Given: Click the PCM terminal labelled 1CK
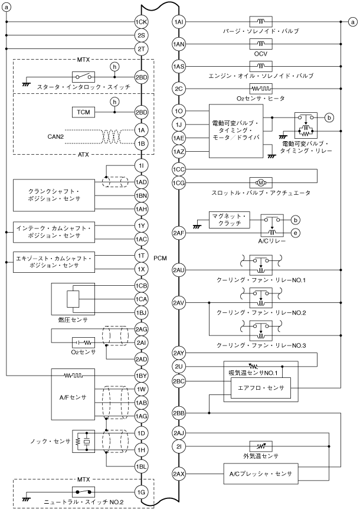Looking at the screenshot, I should [x=141, y=22].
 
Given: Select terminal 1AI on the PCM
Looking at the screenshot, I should [x=179, y=22].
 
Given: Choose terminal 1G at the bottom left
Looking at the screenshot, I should [x=141, y=492].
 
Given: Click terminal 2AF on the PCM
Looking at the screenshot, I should [x=179, y=233].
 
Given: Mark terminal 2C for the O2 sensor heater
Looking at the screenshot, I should [x=179, y=89].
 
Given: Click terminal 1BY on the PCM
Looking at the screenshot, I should [x=141, y=376].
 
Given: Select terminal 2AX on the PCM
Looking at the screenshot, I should [x=179, y=474].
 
